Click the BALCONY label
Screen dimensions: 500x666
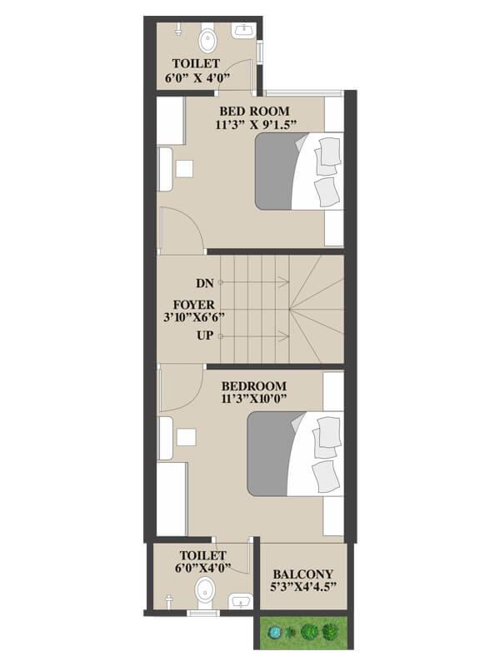(x=302, y=574)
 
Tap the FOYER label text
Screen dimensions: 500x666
(x=194, y=305)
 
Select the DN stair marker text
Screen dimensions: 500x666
(x=204, y=283)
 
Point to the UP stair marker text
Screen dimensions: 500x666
(x=204, y=335)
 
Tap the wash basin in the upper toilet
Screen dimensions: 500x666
(x=243, y=31)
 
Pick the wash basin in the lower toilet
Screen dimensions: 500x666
(x=241, y=602)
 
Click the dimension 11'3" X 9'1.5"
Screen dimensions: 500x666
(x=256, y=125)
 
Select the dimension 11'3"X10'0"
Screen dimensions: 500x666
(x=254, y=399)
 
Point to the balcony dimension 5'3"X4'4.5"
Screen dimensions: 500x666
(x=303, y=587)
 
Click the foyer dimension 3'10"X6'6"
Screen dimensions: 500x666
(x=194, y=317)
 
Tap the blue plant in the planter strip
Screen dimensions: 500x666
(x=275, y=633)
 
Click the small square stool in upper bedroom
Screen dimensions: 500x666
(x=184, y=169)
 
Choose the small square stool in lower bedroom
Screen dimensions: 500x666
(x=186, y=437)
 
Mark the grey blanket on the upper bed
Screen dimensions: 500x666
(x=276, y=171)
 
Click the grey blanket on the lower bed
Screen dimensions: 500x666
(x=269, y=453)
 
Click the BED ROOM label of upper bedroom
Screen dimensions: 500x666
(x=254, y=112)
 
